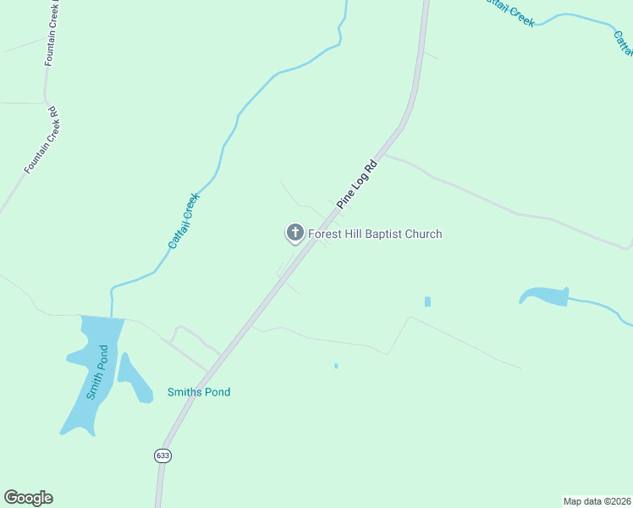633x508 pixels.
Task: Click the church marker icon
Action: point(294,233)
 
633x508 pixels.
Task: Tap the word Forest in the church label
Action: point(326,234)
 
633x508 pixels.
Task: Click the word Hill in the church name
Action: point(356,234)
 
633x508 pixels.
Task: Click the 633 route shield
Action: point(162,455)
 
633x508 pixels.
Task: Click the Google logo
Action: point(28,498)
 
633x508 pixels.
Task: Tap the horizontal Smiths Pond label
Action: point(199,392)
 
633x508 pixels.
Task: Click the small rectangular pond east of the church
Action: point(427,301)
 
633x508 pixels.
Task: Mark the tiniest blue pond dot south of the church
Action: point(336,366)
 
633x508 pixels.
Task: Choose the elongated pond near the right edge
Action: point(545,295)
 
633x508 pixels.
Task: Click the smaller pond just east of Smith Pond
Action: point(133,378)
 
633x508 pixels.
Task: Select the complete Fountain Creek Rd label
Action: point(41,141)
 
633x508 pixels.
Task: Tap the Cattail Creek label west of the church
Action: point(183,221)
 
